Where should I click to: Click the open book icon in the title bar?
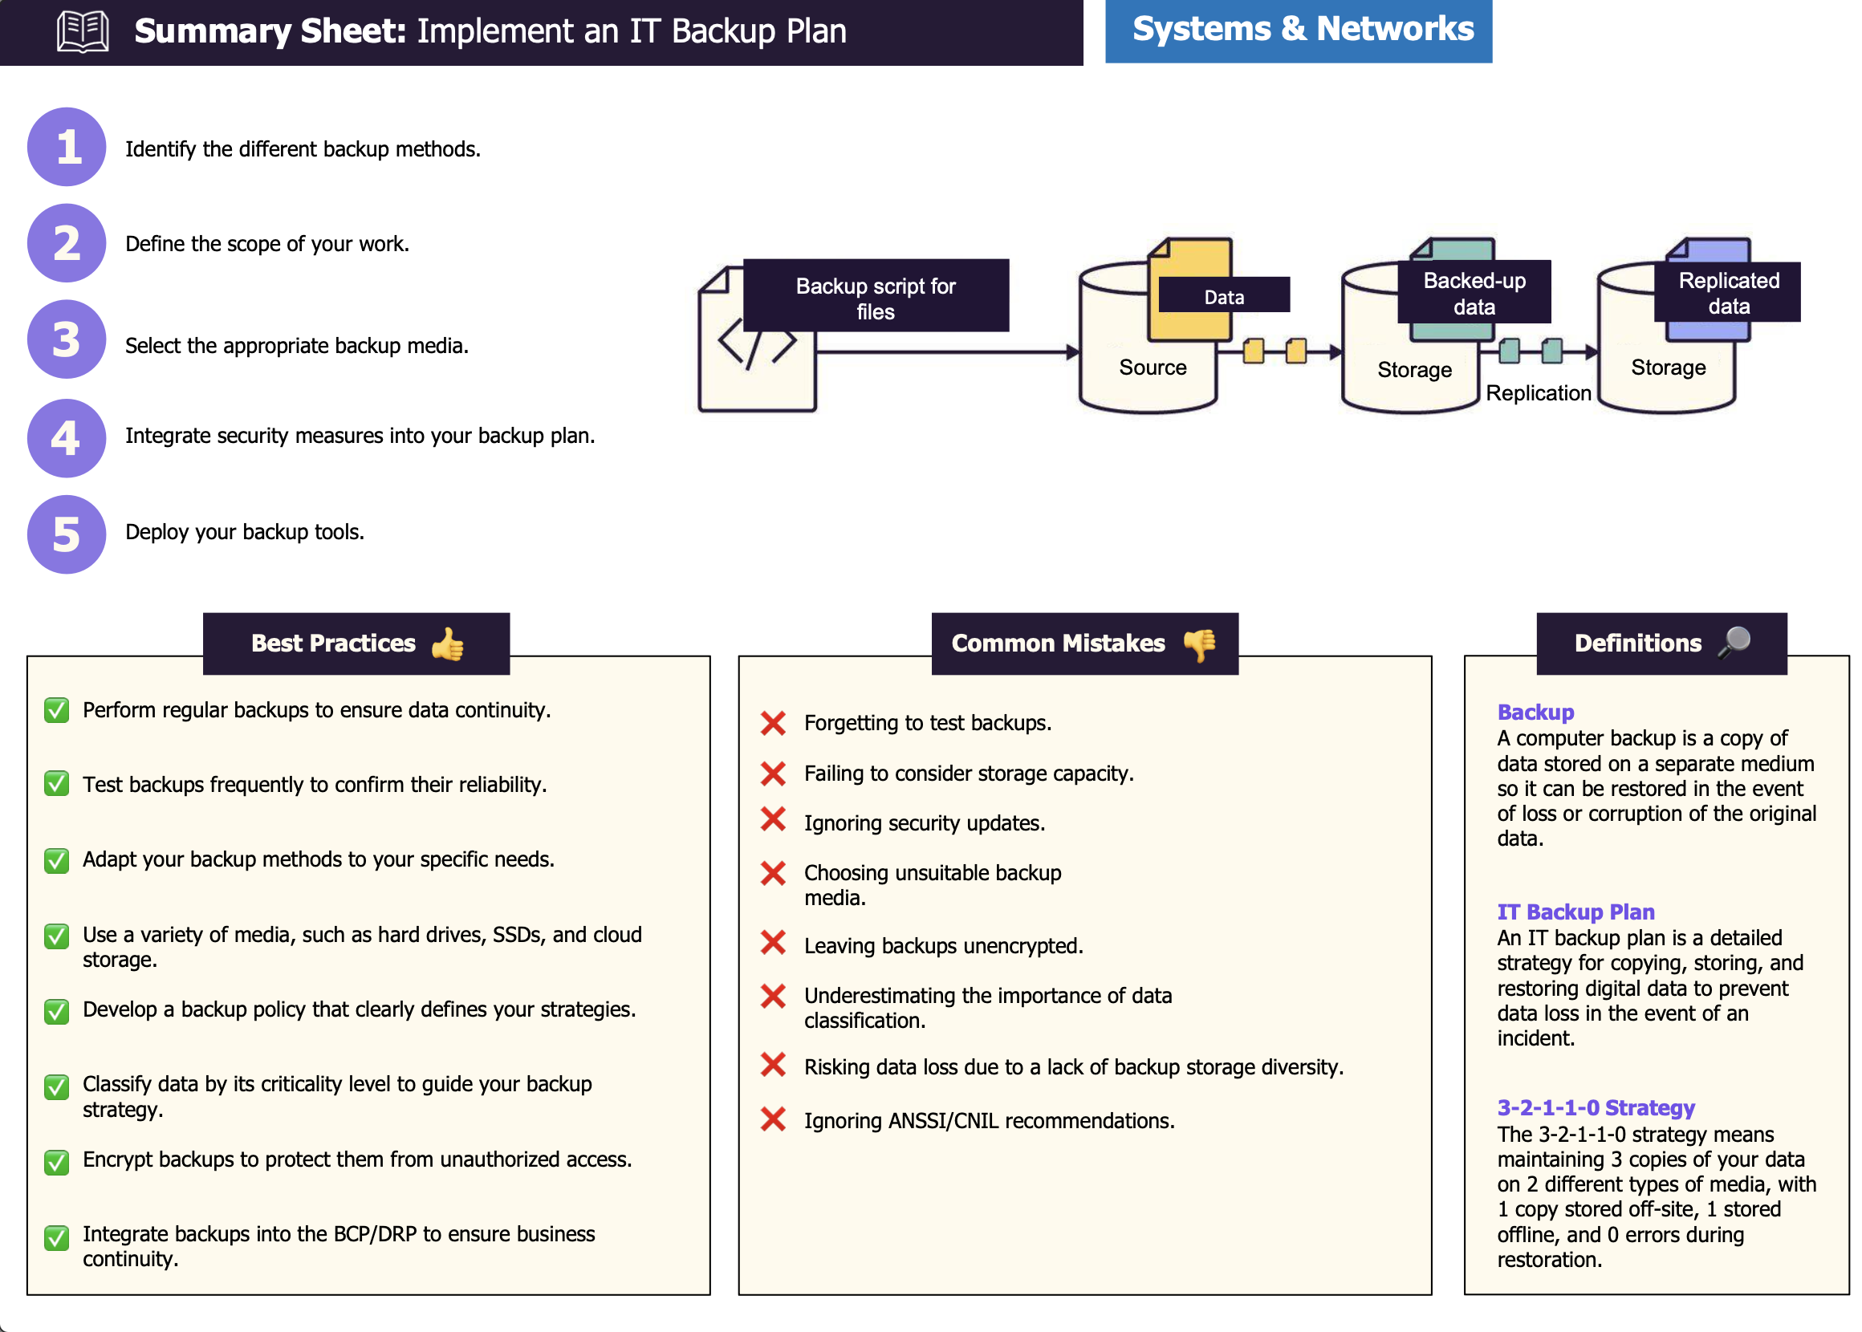[x=82, y=31]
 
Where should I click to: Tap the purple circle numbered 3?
[x=67, y=339]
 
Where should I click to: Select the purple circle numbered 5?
[x=67, y=534]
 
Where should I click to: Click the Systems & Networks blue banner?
[x=1298, y=30]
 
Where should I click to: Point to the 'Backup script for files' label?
[x=876, y=298]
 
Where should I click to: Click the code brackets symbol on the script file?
[x=756, y=344]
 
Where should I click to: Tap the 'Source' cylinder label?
[x=1153, y=368]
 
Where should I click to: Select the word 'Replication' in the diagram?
[x=1538, y=393]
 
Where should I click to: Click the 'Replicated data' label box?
[x=1728, y=293]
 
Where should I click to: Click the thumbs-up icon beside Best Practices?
[x=448, y=644]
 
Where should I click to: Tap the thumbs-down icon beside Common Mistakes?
[x=1199, y=644]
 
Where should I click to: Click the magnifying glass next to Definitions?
[x=1734, y=643]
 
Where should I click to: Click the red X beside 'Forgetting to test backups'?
[x=773, y=724]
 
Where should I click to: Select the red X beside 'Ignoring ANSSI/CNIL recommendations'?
[x=773, y=1119]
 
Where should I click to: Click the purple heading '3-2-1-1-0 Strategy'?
[x=1596, y=1108]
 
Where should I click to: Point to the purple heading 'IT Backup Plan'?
[x=1575, y=912]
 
